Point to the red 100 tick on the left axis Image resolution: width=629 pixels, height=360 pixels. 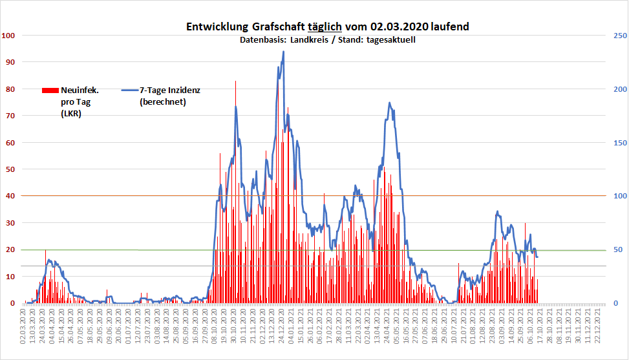8,35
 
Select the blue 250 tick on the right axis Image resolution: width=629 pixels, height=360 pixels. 619,35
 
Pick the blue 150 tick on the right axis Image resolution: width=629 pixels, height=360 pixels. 619,142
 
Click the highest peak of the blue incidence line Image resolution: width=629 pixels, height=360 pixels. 283,52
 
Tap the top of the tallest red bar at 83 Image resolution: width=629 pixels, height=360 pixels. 235,81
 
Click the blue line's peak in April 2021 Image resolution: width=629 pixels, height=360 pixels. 389,102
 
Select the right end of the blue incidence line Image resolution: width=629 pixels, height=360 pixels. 538,257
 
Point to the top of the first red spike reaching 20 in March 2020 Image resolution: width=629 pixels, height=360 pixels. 45,250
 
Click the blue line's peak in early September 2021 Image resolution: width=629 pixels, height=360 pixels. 497,211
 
